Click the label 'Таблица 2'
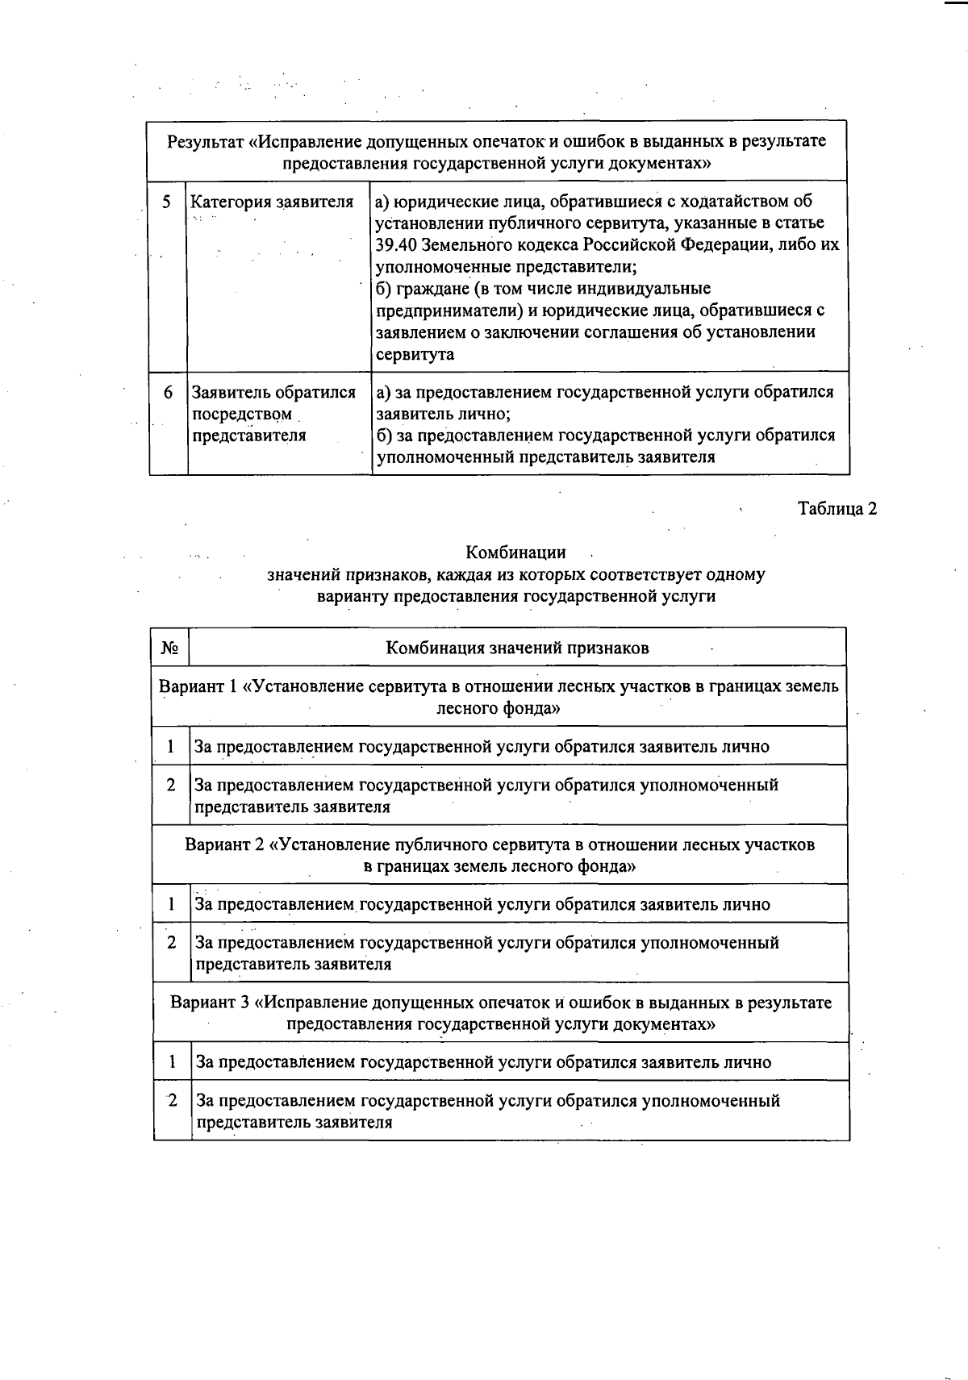pos(837,509)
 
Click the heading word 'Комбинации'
pos(515,552)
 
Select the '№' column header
pos(169,648)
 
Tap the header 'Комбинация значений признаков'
pos(517,648)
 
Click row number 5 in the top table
pos(167,202)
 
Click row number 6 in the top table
pos(168,393)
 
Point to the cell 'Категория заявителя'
pos(272,202)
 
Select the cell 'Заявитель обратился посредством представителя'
pos(273,414)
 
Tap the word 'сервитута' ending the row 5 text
pos(415,354)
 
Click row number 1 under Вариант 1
pos(171,746)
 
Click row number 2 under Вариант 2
pos(172,942)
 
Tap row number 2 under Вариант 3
pos(172,1100)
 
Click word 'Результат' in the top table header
pos(204,142)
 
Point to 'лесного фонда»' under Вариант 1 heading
pos(498,708)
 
